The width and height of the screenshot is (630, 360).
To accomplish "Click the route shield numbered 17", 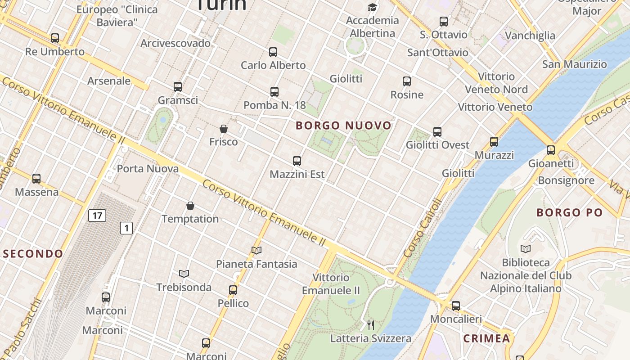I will click(97, 216).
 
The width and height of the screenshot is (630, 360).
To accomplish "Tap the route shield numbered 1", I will click(126, 228).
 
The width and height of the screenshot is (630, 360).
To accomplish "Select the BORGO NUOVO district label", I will click(344, 126).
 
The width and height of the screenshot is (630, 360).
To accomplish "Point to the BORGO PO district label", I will click(569, 212).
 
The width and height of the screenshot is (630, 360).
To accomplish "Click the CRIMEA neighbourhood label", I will click(486, 338).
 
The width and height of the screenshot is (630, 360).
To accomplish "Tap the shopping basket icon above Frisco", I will click(224, 129).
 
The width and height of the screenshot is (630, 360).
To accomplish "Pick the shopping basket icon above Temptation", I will click(190, 206).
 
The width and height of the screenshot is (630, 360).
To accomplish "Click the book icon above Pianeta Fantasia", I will click(256, 250).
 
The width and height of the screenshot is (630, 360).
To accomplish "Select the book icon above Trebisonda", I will click(184, 274).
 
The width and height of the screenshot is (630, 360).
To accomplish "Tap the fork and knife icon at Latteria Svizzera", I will click(371, 325).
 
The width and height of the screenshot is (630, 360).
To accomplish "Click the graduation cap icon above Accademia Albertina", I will click(372, 7).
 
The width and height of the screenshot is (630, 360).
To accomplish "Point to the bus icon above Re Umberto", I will click(55, 38).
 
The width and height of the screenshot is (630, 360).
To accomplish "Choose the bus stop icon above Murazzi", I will click(494, 142).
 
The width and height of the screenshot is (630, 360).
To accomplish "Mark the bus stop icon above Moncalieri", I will click(456, 306).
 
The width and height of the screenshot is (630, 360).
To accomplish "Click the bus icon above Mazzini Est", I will click(297, 161).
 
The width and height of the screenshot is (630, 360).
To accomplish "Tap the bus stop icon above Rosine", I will click(407, 81).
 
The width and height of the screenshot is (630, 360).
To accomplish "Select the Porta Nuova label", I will click(148, 169).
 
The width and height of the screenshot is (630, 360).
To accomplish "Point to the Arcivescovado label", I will click(175, 43).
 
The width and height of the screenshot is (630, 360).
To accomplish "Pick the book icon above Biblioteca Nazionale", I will click(525, 249).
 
